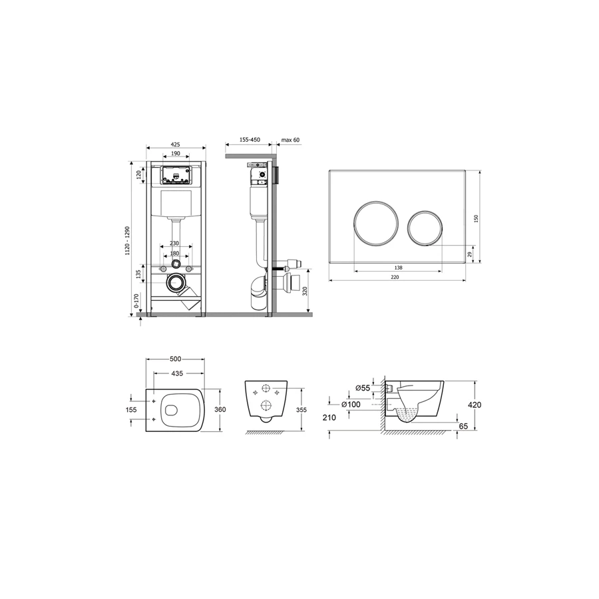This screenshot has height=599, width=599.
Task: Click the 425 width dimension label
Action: click(x=175, y=145)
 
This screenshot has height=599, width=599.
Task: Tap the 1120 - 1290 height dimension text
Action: click(x=128, y=241)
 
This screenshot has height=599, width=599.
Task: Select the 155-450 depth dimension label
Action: click(x=250, y=140)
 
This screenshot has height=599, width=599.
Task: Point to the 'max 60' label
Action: click(x=290, y=140)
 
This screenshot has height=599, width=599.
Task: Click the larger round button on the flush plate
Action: click(x=376, y=223)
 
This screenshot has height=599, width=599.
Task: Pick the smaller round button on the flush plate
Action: click(x=425, y=228)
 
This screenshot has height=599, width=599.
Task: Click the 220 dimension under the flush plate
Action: click(x=395, y=277)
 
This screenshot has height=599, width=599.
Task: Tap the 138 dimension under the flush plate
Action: click(x=398, y=268)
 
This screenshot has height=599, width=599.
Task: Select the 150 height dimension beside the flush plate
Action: click(x=476, y=219)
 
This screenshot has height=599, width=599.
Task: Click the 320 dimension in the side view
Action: click(x=304, y=292)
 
